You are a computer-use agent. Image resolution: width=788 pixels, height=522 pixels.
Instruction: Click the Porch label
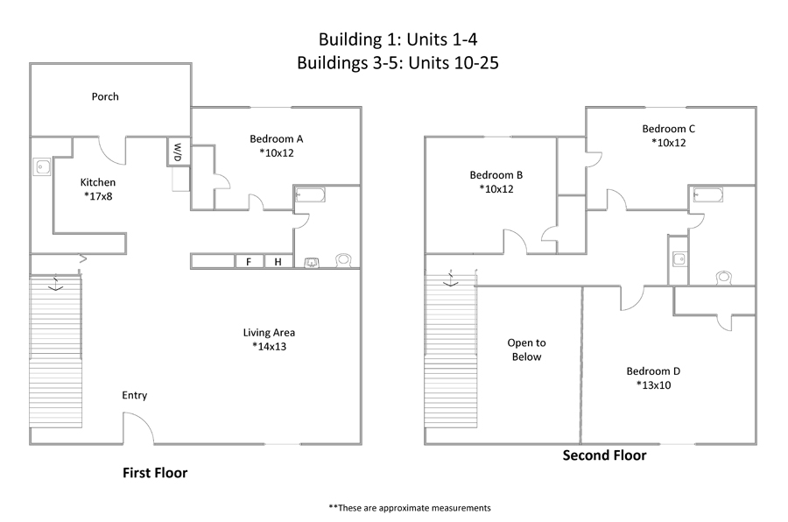click(x=105, y=96)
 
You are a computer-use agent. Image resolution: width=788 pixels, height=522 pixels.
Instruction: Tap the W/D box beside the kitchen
click(x=179, y=152)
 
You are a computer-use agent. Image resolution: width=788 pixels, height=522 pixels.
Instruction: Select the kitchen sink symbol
click(x=42, y=166)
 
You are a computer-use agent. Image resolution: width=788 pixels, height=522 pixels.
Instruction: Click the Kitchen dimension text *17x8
click(x=98, y=196)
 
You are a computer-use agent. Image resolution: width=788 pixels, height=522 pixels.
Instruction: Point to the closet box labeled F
click(x=249, y=262)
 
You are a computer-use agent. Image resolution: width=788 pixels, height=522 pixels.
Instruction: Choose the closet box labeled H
click(x=278, y=262)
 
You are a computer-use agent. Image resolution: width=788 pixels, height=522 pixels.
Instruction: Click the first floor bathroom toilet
click(x=343, y=260)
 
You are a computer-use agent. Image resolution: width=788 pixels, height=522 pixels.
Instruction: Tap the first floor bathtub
click(x=310, y=194)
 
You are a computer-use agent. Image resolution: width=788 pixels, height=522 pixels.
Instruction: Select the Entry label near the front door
click(x=134, y=395)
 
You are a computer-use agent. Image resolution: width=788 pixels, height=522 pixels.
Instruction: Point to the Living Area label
click(x=269, y=333)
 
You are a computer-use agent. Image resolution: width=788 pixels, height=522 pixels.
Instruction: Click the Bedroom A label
click(x=277, y=138)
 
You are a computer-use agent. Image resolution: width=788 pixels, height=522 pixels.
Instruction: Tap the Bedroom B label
click(x=496, y=175)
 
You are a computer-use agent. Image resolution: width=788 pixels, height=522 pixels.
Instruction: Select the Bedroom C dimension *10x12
click(x=668, y=143)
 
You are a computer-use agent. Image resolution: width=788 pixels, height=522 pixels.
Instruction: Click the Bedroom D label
click(x=653, y=371)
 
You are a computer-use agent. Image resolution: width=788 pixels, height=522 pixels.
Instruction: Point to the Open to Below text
click(x=526, y=349)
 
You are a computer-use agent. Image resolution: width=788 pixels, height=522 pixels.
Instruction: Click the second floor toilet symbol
click(x=723, y=277)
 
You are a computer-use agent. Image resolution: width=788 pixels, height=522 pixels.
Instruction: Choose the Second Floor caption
click(x=604, y=455)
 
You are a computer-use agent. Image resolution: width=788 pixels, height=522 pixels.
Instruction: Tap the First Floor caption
click(x=155, y=473)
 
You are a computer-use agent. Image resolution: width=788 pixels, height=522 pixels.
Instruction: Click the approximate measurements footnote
click(x=410, y=508)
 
